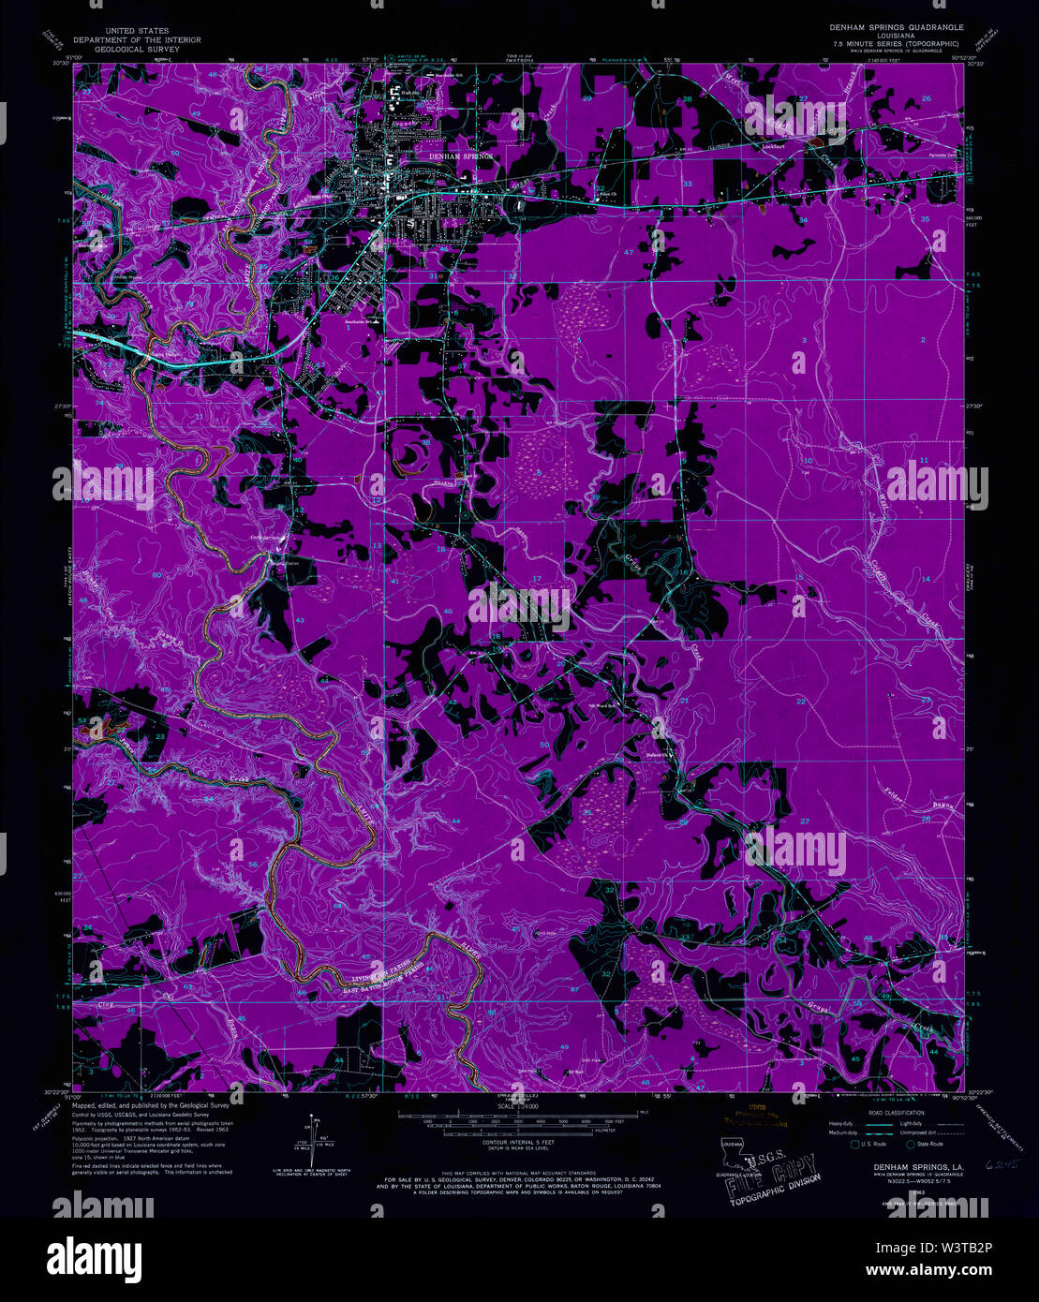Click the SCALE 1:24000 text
point(519,1107)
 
